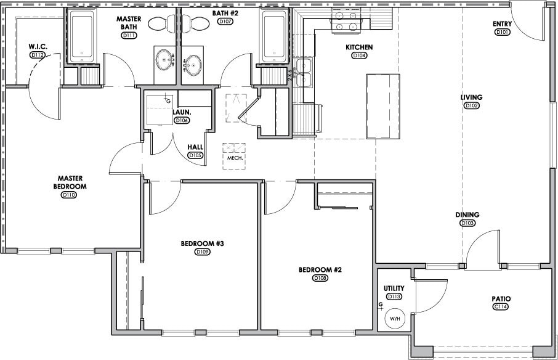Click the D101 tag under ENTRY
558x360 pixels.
point(502,32)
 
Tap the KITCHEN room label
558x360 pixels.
point(359,47)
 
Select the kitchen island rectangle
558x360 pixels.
point(382,106)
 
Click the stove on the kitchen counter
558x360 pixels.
point(346,26)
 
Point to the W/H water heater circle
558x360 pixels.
point(393,319)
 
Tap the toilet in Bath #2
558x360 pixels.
point(197,23)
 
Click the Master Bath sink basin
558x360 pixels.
point(164,61)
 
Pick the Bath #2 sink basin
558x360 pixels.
point(194,63)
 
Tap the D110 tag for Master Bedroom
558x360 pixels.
point(68,195)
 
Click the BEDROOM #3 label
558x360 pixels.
point(202,243)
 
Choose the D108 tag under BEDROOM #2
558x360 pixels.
point(320,278)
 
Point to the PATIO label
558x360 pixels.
point(501,299)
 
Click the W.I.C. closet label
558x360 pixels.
point(38,47)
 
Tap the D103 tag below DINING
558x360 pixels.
point(467,223)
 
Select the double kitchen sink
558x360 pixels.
point(303,73)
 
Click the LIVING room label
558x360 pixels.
point(471,97)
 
